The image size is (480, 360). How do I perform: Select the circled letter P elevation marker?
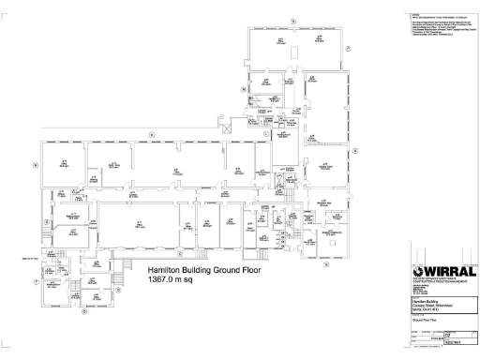click(x=347, y=48)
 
